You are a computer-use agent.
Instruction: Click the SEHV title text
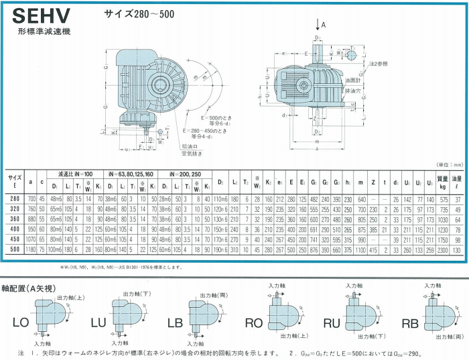(40, 17)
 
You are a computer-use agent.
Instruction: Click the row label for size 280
(14, 199)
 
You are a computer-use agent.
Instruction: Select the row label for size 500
(14, 249)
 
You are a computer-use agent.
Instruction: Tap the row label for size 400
(14, 229)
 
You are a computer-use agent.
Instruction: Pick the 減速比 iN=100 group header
(75, 172)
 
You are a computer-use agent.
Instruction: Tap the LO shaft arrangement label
(21, 323)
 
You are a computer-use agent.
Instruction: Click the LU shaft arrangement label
(98, 323)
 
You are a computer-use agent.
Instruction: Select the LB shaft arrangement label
(175, 323)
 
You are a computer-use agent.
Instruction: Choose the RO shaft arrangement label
(253, 323)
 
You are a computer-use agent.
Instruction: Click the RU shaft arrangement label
(332, 323)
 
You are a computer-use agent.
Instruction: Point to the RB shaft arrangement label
(409, 323)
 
